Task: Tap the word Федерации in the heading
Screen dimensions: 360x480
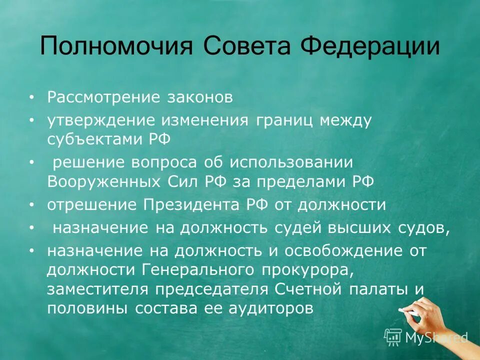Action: tap(370, 46)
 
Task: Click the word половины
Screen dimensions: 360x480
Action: tap(87, 308)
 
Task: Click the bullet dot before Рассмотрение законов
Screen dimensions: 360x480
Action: tap(32, 97)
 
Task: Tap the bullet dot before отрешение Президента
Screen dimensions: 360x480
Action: tap(32, 205)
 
